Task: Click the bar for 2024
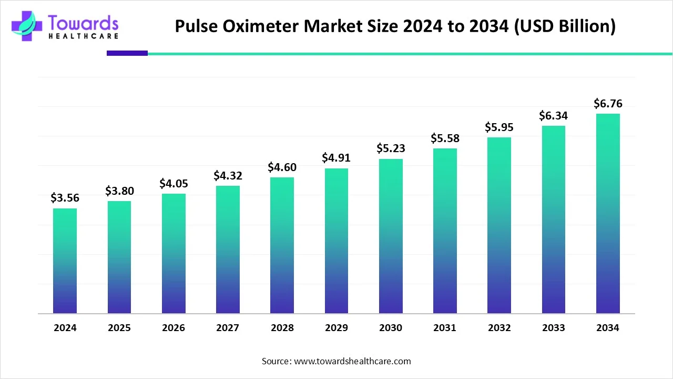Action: tap(65, 261)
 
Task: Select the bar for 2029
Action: tap(336, 241)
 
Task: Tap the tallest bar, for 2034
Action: tap(608, 213)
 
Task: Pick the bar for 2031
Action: tap(445, 231)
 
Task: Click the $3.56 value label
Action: tap(65, 197)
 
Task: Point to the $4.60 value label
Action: tap(282, 167)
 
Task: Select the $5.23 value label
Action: tap(391, 149)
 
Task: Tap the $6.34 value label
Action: tap(554, 115)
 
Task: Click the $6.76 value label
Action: tap(608, 104)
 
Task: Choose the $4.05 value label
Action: tap(174, 184)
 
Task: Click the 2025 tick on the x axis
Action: tap(119, 328)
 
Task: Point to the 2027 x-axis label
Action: tap(228, 328)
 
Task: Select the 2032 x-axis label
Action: tap(499, 328)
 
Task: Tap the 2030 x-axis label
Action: tap(391, 328)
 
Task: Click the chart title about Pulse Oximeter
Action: tap(395, 26)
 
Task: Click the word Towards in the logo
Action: tap(83, 23)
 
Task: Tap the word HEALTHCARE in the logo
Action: tap(83, 36)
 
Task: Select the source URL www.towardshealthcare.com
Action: tap(351, 361)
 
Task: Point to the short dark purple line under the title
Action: tap(127, 53)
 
